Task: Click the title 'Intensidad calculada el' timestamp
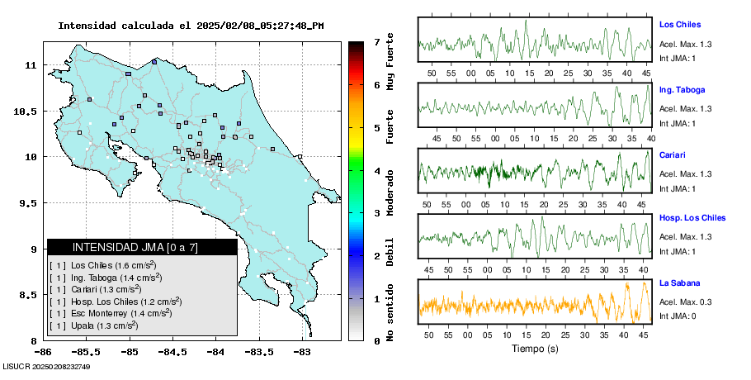pos(191,26)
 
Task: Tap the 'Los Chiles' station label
pos(680,25)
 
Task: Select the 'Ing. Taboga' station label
pos(683,89)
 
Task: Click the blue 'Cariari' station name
pos(673,154)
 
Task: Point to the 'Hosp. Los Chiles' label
pos(692,218)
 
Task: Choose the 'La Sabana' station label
pos(679,283)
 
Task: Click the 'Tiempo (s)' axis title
pos(535,349)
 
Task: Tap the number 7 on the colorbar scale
pos(376,41)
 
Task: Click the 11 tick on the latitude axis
pos(30,64)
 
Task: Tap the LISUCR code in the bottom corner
pos(45,366)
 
